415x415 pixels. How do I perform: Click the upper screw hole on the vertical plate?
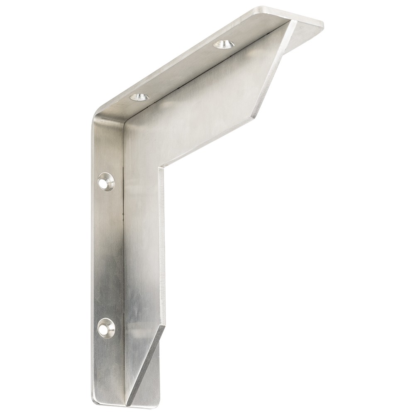pyautogui.click(x=106, y=181)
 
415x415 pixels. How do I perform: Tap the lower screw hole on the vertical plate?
pyautogui.click(x=106, y=327)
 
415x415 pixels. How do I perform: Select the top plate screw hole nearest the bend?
pyautogui.click(x=139, y=97)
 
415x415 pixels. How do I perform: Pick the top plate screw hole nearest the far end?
pyautogui.click(x=224, y=44)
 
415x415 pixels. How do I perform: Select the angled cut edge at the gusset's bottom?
pyautogui.click(x=147, y=365)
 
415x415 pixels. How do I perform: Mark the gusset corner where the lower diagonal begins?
pyautogui.click(x=165, y=326)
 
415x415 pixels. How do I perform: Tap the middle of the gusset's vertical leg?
pyautogui.click(x=143, y=249)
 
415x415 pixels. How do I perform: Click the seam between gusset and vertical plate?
pyautogui.click(x=124, y=249)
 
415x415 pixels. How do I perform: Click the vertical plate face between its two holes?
pyautogui.click(x=107, y=253)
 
